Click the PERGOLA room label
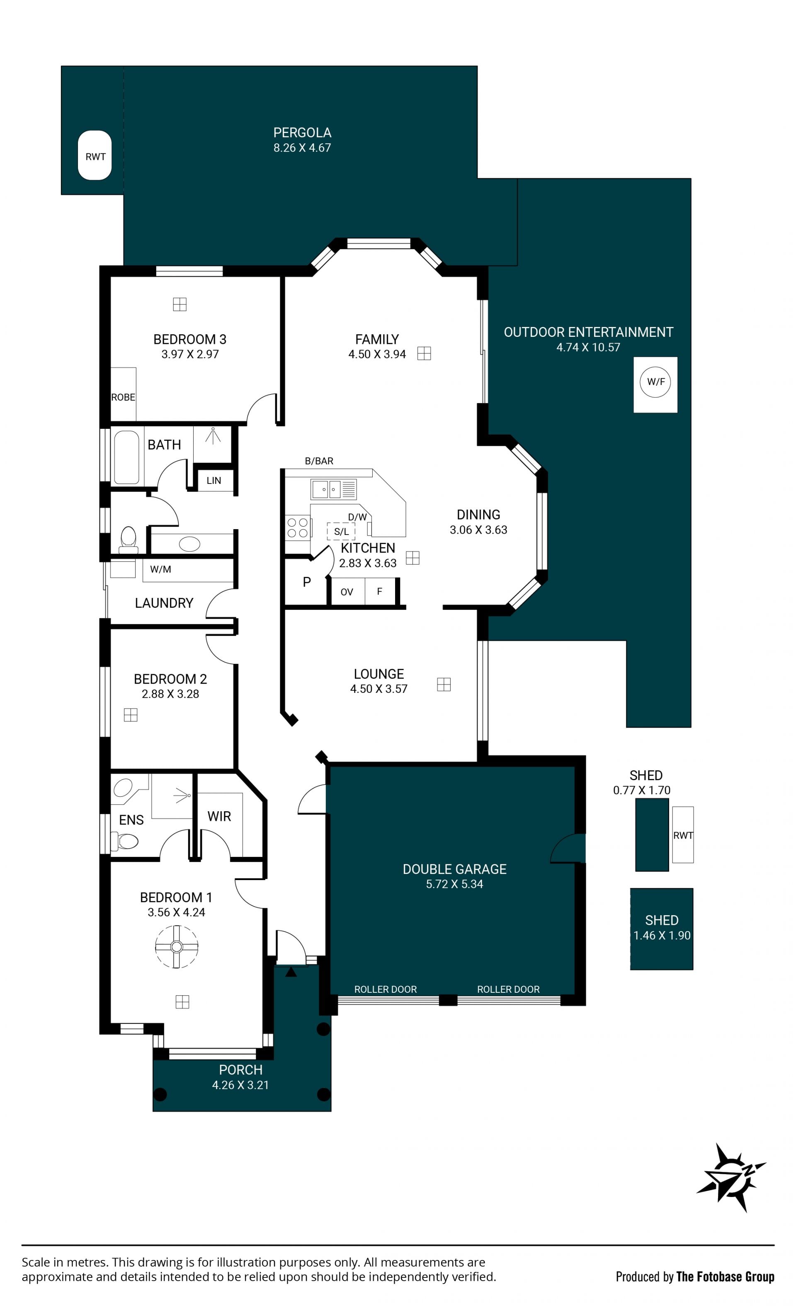tap(302, 133)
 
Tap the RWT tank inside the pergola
tap(95, 155)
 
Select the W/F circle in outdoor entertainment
tap(655, 382)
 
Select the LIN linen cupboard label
tap(214, 481)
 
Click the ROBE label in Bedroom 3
tap(123, 397)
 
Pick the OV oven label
tap(347, 592)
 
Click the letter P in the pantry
tap(306, 582)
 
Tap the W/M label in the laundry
tap(160, 569)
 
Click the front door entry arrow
tap(291, 972)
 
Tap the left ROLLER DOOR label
tap(386, 989)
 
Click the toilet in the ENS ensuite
tap(125, 841)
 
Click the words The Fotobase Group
tap(725, 1276)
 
